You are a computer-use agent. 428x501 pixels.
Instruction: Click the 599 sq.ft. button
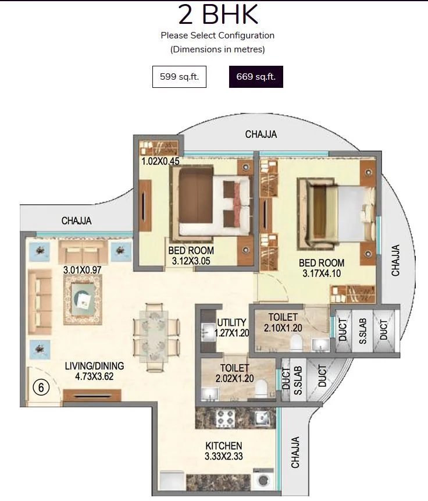[x=179, y=77]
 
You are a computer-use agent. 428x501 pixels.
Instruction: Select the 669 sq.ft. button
[x=256, y=77]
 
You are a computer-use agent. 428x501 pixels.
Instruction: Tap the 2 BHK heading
[x=217, y=15]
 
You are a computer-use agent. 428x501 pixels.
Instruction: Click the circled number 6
[x=41, y=386]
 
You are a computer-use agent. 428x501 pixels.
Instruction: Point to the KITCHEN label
[x=224, y=446]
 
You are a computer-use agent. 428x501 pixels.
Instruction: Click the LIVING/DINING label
[x=94, y=366]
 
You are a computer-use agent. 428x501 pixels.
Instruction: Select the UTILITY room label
[x=231, y=323]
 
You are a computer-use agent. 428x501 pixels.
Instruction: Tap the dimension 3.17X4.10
[x=322, y=273]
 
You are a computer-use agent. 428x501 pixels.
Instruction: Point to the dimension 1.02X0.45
[x=160, y=161]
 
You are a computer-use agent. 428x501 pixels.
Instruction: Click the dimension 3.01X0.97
[x=83, y=270]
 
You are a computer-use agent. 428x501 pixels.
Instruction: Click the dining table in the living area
[x=153, y=337]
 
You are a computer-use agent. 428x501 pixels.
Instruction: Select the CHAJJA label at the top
[x=261, y=134]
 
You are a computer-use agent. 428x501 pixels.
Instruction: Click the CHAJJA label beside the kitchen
[x=296, y=452]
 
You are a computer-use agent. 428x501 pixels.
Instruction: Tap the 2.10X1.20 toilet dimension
[x=283, y=328]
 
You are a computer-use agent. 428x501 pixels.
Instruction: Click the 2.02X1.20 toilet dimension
[x=234, y=378]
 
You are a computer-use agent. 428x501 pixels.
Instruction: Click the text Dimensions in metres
[x=217, y=49]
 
